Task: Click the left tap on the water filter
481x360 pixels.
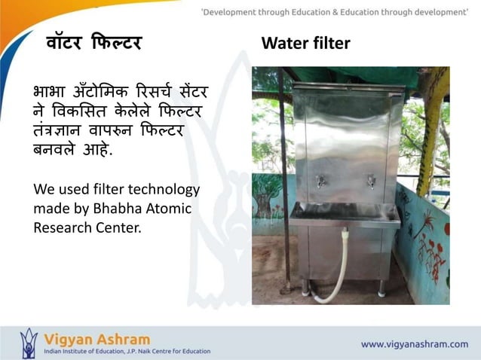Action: (320, 182)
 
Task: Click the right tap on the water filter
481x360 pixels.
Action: (371, 182)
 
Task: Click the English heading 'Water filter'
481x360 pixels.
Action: (305, 44)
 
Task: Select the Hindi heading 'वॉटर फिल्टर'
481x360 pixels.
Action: (93, 44)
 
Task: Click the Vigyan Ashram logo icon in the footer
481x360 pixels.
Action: (28, 343)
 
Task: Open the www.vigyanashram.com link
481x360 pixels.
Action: (414, 344)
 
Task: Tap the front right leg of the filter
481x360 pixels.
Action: (381, 286)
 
